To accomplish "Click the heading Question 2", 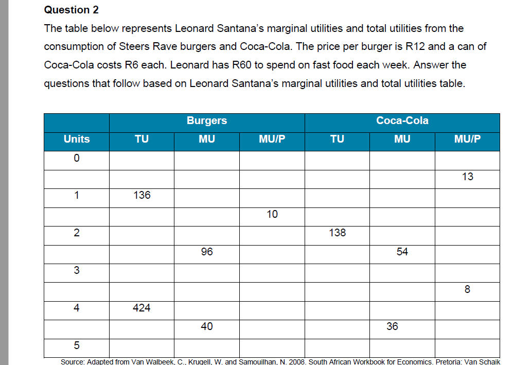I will tap(72, 10).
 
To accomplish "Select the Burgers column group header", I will tap(206, 120).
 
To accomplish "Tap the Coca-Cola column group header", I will tap(402, 120).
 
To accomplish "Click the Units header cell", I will tap(77, 139).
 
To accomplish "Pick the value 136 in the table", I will tap(141, 195).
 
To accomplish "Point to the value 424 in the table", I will tap(141, 308).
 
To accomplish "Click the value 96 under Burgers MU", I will tap(207, 252).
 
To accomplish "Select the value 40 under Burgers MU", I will tap(207, 326).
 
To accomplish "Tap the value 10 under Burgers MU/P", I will tap(272, 214).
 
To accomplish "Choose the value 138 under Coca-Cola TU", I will tap(337, 233).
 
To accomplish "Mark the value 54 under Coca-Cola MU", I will tap(402, 252).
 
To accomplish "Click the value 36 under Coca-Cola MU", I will tap(392, 326).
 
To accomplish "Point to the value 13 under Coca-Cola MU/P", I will tap(467, 177).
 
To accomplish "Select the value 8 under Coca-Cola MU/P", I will tap(467, 289).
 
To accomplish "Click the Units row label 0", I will tap(76, 158).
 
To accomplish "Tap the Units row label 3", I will tap(76, 270).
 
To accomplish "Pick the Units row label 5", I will tap(76, 345).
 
